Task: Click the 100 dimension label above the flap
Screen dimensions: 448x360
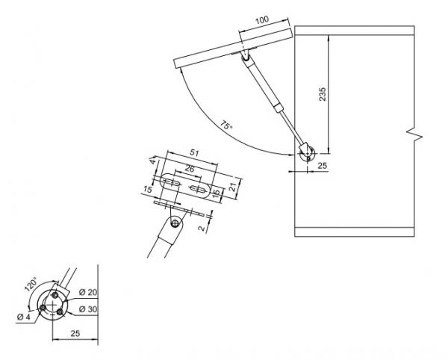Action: (262, 19)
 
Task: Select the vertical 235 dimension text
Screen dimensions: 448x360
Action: (322, 94)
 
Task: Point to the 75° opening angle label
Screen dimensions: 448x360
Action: (226, 125)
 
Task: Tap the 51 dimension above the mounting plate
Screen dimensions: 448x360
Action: (194, 153)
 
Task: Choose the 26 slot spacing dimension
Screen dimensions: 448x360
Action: (190, 169)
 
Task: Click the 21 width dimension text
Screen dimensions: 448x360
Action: (233, 187)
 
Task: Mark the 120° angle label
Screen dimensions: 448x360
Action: (31, 284)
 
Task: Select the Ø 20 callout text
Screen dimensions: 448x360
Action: (88, 292)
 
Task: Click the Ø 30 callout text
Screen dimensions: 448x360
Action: (88, 309)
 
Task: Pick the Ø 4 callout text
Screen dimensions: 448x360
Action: (23, 317)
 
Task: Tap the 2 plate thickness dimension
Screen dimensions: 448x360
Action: (202, 228)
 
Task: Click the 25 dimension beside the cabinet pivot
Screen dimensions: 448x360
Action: (323, 165)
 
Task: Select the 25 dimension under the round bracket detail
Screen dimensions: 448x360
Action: (75, 333)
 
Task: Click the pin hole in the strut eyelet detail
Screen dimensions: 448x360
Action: (175, 223)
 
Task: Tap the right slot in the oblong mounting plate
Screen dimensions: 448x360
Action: (197, 188)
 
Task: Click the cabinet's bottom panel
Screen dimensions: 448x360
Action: (354, 232)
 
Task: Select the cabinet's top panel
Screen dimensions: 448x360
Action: (354, 31)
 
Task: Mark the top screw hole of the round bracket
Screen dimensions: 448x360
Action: (55, 294)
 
